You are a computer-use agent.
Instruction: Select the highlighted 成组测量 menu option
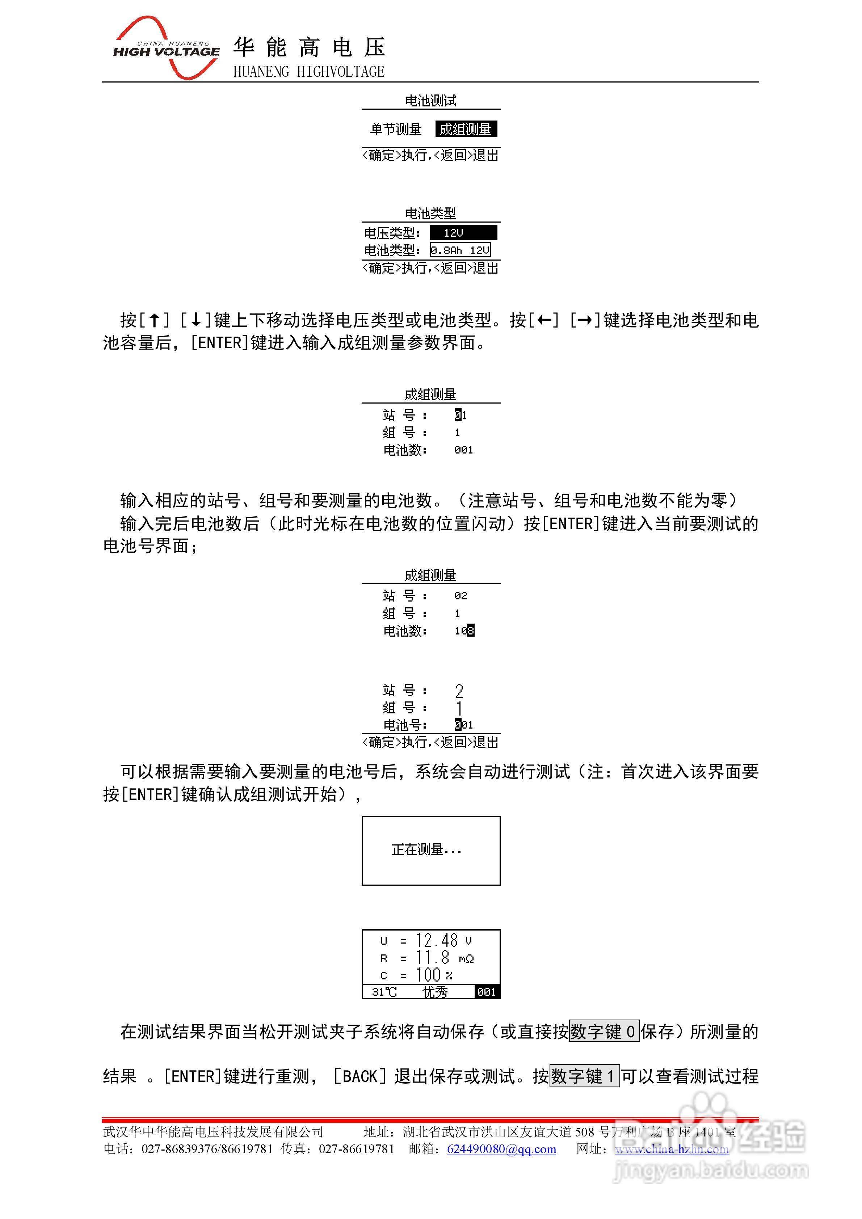click(466, 129)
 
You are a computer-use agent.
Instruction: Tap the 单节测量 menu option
click(396, 129)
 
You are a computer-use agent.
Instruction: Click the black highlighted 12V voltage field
click(463, 233)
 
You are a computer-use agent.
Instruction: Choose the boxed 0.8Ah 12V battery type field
click(460, 250)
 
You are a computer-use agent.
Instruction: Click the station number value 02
click(461, 596)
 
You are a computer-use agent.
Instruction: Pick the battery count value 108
click(464, 631)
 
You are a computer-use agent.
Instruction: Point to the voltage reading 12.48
click(437, 940)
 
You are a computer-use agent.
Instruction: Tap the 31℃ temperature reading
click(384, 992)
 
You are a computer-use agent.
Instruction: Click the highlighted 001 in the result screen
click(487, 992)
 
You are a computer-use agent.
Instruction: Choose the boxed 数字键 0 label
click(604, 1032)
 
